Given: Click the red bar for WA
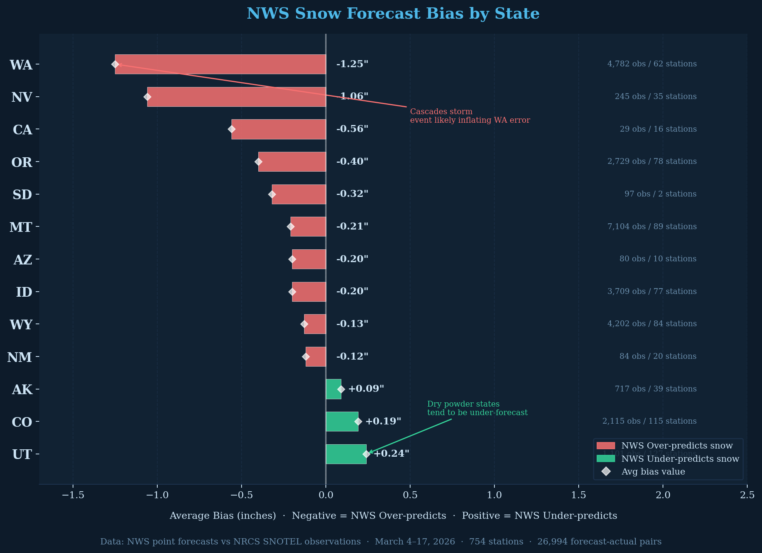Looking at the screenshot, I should point(220,64).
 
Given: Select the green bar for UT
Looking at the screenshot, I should point(346,454).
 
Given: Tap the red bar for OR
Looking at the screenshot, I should point(292,162).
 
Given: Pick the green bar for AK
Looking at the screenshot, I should point(333,389).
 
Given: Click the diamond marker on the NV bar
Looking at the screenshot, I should point(147,97).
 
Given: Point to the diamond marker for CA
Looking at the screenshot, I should point(231,129).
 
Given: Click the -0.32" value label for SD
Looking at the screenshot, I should point(352,194).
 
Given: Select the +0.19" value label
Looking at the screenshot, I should point(383,421).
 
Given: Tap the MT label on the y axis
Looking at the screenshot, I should point(21,227).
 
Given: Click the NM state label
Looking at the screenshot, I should point(19,357).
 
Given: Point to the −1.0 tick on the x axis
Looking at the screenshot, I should point(157,495).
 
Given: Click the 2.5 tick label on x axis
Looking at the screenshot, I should point(747,495).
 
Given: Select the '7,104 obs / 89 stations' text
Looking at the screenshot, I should point(652,226).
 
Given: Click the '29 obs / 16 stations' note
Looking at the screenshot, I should point(658,129).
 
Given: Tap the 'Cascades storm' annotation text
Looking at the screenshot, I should point(441,112).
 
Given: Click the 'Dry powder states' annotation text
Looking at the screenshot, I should point(463,404).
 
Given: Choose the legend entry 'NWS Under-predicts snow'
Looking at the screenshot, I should point(680,459).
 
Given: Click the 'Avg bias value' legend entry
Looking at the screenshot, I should point(653,472).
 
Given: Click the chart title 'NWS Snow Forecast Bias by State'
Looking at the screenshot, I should point(393,14).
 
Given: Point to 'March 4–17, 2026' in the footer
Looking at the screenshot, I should point(414,542).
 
